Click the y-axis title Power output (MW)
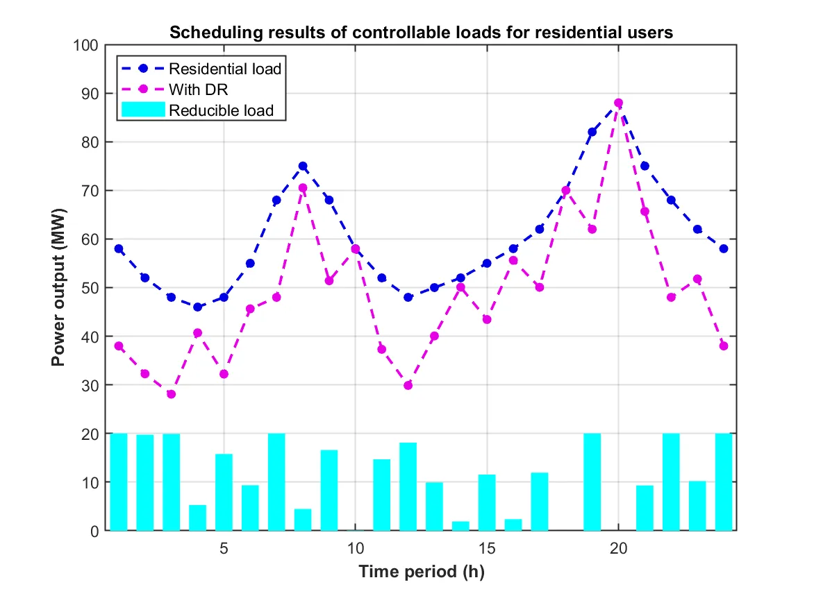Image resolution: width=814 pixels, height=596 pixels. (x=60, y=287)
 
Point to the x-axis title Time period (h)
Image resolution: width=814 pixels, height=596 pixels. (x=422, y=572)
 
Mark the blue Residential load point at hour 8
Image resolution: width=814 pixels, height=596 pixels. (x=303, y=166)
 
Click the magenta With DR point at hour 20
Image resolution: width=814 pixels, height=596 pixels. (x=618, y=103)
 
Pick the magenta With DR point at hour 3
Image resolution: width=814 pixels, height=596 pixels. (x=171, y=394)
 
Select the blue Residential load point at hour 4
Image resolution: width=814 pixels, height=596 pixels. (x=197, y=307)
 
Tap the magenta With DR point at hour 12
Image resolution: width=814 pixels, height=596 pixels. (x=408, y=385)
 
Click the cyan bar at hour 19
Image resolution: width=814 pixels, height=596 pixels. (x=592, y=482)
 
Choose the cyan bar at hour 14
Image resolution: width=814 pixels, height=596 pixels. (x=460, y=526)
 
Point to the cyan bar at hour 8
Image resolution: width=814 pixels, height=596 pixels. (x=303, y=520)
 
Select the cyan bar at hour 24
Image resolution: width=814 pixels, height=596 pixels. (x=724, y=482)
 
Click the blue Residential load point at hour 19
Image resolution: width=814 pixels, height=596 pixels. (x=592, y=132)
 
